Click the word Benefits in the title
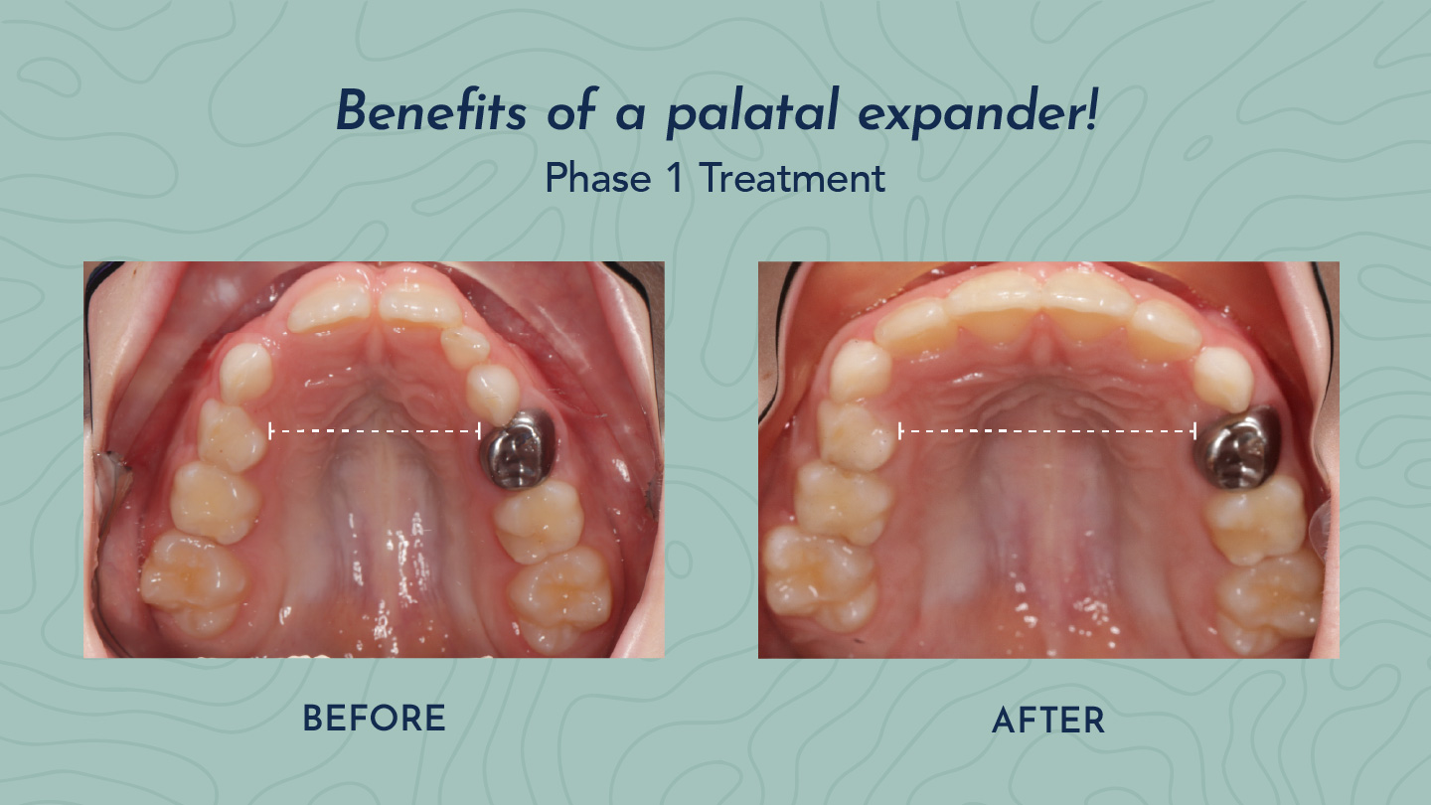pos(431,110)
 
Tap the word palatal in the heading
pos(752,112)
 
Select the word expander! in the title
pos(978,113)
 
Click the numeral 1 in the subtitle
pos(675,178)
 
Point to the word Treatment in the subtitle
pos(792,178)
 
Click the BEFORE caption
pos(374,719)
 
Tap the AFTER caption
pos(1048,721)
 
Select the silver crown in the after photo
pos(1237,448)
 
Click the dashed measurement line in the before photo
pos(375,431)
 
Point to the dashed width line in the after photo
pos(1047,431)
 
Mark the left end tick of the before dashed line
pos(271,431)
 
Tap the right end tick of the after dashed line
pos(1194,431)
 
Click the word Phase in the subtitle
pos(598,178)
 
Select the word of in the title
pos(572,110)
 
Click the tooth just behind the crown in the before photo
pos(540,520)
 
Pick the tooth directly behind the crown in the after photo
pos(1256,519)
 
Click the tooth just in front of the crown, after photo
pos(1222,379)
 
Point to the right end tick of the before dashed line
pos(479,431)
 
